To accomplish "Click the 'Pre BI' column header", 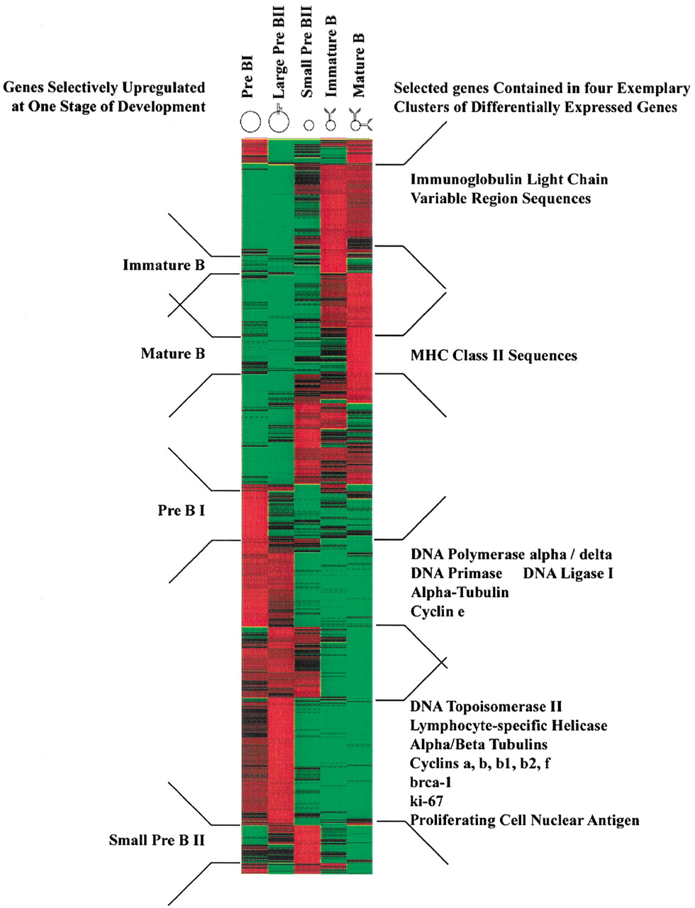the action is tap(248, 80).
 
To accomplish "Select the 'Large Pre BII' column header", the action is tap(278, 52).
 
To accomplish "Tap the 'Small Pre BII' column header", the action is tap(307, 52).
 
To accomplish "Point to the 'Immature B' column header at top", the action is tap(330, 57).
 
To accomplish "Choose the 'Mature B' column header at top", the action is tap(358, 65).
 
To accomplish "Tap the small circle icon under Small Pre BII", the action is tap(308, 126).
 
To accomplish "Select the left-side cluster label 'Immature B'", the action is tap(164, 265).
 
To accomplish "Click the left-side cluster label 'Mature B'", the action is tap(173, 353).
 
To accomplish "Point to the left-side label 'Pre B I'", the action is tap(182, 510).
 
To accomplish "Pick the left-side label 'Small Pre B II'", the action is tap(157, 840).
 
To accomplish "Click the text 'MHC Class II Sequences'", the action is tap(494, 355).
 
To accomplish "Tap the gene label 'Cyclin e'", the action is tap(438, 611).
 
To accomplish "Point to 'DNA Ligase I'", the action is tap(568, 573).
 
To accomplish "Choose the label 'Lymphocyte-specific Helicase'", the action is tap(508, 726).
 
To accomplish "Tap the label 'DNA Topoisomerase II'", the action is tap(486, 707).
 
